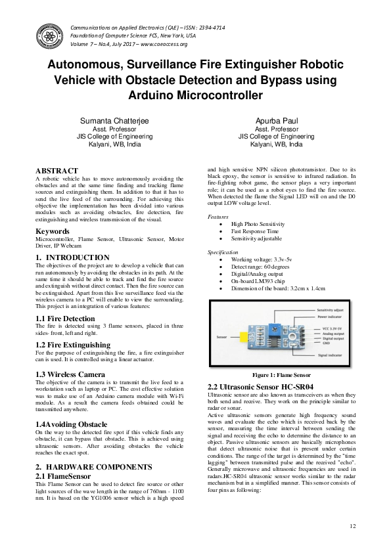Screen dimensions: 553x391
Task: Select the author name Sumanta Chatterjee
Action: [114, 122]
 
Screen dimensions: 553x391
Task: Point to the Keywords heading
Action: [53, 232]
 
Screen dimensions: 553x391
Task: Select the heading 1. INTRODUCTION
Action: [72, 257]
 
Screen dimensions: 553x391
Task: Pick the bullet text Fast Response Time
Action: [255, 232]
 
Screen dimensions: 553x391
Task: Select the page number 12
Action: [353, 526]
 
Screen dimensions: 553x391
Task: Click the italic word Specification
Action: [223, 252]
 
